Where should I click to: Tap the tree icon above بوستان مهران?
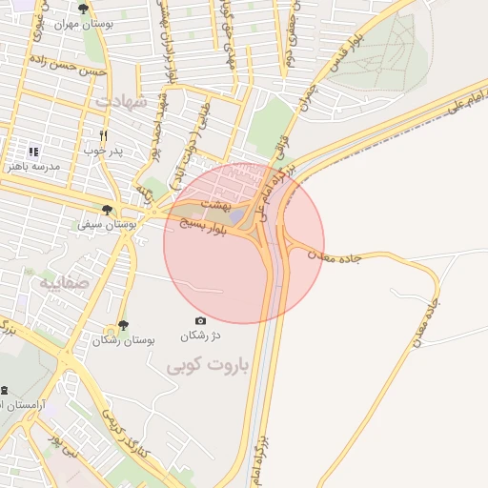(84, 9)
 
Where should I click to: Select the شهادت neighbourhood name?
(121, 100)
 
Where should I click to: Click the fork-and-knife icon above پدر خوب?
(103, 135)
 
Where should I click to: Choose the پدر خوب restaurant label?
(104, 151)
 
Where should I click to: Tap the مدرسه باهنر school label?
(33, 166)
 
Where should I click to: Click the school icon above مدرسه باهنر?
(33, 151)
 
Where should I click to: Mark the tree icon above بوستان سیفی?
(107, 210)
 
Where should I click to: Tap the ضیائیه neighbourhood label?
(63, 283)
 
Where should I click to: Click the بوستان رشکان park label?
(124, 340)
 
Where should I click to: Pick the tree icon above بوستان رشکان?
(123, 325)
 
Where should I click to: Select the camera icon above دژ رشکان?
(200, 321)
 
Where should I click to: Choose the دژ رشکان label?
(200, 336)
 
